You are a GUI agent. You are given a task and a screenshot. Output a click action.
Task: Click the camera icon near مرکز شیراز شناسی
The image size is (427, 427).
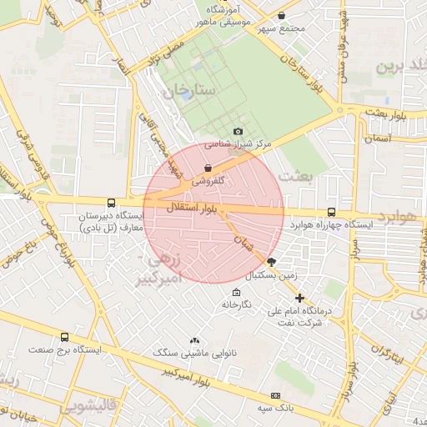pos(239,131)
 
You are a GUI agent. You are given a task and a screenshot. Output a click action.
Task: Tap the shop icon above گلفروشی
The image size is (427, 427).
pos(207,168)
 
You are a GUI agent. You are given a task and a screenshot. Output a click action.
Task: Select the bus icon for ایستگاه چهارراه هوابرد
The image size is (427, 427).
pos(332,213)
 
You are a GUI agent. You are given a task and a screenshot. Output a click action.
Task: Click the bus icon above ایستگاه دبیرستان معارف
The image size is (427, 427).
pos(111,203)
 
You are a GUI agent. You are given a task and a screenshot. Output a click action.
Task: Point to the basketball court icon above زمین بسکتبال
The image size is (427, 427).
pos(272,262)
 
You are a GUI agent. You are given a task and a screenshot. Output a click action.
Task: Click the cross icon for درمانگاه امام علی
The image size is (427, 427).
pos(299,298)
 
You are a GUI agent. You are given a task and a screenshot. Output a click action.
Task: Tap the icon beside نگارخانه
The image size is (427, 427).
pos(237,293)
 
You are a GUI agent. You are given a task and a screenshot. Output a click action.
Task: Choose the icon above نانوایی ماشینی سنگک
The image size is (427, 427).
pos(195,340)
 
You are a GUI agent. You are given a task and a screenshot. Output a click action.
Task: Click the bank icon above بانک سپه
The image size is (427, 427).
pos(275,395)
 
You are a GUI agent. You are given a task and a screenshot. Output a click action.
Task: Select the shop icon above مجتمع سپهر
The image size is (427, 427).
pos(281,16)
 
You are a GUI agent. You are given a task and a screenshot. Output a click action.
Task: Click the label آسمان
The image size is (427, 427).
pos(378,137)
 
